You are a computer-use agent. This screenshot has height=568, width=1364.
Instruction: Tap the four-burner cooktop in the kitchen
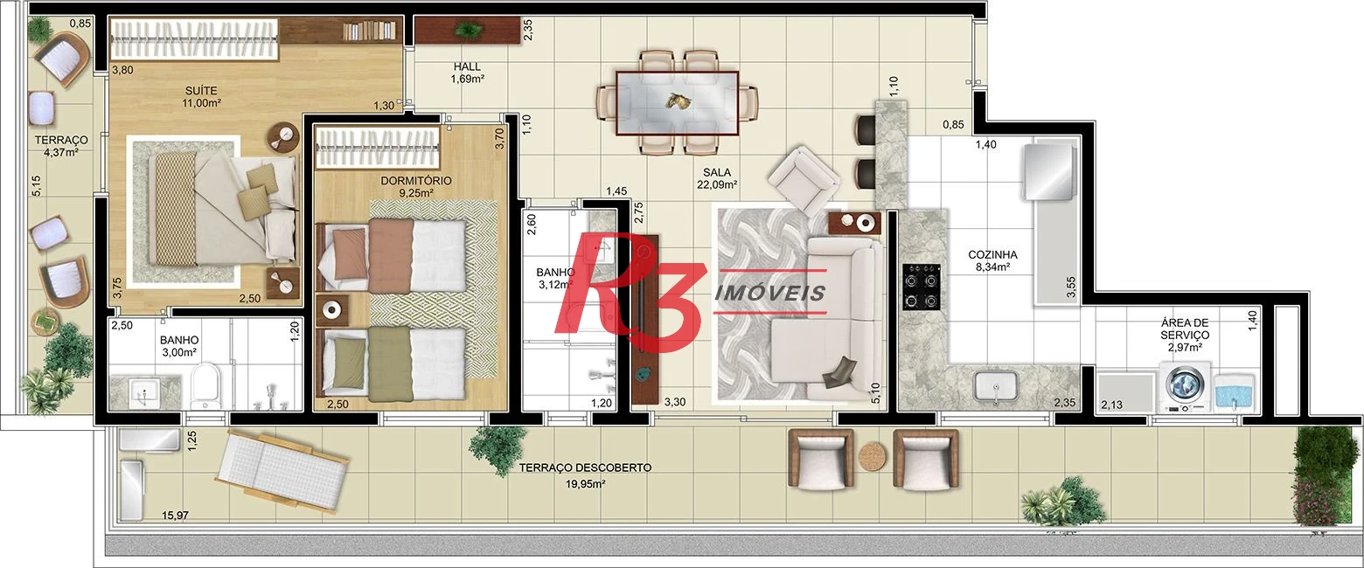(922, 286)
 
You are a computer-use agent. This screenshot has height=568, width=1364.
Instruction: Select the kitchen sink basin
(996, 386)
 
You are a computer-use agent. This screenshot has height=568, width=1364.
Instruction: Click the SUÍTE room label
(201, 91)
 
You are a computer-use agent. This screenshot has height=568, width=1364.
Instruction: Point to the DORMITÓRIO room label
(416, 181)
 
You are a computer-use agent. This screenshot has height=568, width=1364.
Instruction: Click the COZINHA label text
(992, 255)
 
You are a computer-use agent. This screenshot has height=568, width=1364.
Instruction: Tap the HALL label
(467, 66)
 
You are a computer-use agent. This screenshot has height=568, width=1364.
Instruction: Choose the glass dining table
(677, 102)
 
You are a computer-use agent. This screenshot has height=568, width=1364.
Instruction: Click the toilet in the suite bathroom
(205, 386)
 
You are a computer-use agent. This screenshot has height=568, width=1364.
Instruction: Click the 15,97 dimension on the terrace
(175, 516)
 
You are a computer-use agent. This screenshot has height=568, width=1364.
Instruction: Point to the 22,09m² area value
(717, 184)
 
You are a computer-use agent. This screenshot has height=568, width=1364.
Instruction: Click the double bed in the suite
(214, 208)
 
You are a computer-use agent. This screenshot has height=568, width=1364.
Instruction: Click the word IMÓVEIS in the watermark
(770, 293)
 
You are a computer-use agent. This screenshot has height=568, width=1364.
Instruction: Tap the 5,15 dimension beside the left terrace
(37, 185)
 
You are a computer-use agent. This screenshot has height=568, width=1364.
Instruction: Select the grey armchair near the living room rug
(804, 179)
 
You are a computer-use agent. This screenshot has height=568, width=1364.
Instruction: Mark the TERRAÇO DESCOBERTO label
(585, 468)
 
